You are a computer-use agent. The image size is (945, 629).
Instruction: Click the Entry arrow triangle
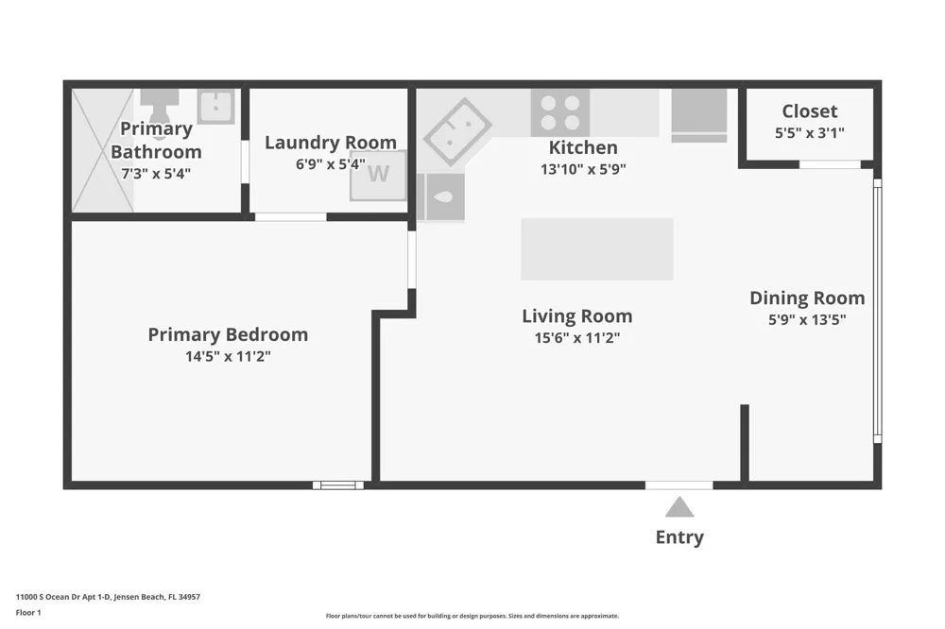[679, 507]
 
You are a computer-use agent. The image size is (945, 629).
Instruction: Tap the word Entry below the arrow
[679, 537]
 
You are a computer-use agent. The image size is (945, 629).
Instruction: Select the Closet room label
[810, 111]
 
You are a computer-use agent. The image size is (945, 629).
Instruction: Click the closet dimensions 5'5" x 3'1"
[810, 133]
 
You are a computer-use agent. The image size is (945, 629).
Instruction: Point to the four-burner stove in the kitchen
[560, 112]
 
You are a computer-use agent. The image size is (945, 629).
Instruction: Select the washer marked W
[379, 175]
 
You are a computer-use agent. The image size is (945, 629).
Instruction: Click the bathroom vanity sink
[216, 107]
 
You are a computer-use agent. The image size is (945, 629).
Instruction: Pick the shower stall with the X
[102, 150]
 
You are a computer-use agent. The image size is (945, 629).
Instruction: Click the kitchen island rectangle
[596, 248]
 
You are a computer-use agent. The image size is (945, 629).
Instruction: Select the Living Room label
[576, 316]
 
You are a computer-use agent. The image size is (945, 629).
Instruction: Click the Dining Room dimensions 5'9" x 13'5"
[807, 320]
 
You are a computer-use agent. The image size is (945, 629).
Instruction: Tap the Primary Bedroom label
[228, 334]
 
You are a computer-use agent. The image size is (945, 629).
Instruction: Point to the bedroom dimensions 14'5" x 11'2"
[228, 357]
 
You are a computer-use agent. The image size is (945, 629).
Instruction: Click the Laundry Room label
[331, 143]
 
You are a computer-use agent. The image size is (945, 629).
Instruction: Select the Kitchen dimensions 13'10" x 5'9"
[583, 169]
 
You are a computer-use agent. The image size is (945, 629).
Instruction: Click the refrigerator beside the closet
[699, 115]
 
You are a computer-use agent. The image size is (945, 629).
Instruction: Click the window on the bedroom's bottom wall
[338, 485]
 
